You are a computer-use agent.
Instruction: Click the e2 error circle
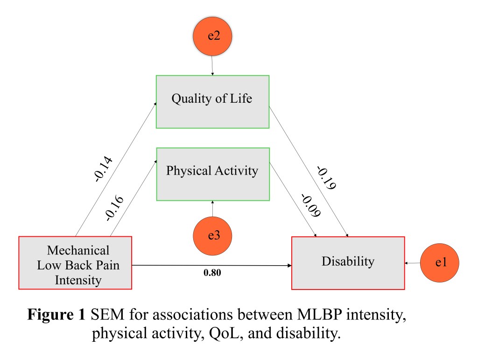point(213,37)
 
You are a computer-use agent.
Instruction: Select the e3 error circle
point(213,236)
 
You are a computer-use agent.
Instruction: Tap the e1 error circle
point(440,263)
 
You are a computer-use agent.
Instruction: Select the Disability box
point(348,263)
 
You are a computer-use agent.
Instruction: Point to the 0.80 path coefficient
point(212,273)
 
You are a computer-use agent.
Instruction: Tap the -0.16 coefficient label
point(114,207)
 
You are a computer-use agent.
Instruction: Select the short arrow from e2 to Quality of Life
point(213,66)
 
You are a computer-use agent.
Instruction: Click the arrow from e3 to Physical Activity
point(213,210)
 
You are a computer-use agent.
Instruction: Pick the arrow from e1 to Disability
point(413,263)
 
